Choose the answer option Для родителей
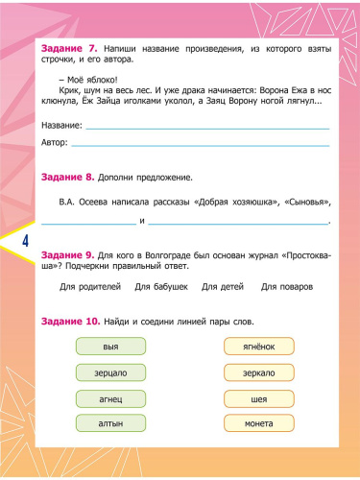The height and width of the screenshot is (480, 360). click(90, 287)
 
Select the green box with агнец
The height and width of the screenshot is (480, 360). click(109, 397)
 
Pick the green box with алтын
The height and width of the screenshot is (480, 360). click(109, 422)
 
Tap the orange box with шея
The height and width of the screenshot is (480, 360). click(259, 397)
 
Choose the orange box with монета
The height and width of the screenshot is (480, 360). click(259, 422)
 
